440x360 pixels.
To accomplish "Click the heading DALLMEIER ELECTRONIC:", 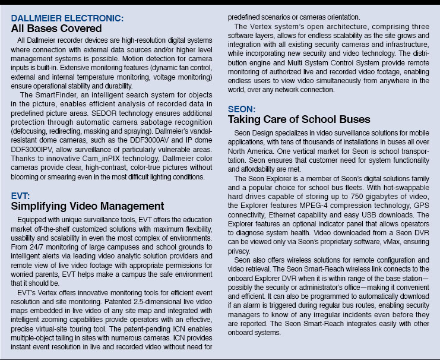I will (x=68, y=18).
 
